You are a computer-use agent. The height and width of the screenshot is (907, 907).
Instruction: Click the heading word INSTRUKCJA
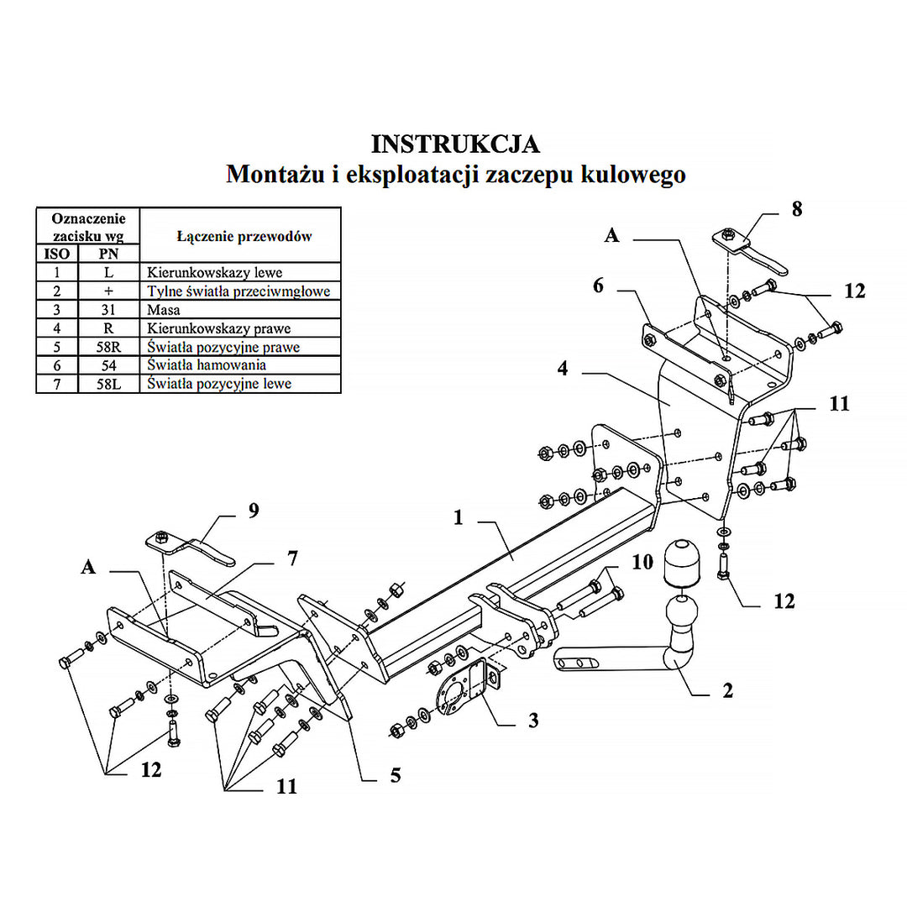455,144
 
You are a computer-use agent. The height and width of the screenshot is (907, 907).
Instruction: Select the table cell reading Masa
164,310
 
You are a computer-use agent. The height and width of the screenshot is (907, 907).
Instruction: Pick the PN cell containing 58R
109,347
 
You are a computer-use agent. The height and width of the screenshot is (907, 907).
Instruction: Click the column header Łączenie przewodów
244,236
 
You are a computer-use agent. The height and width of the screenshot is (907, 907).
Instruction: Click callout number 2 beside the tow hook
727,690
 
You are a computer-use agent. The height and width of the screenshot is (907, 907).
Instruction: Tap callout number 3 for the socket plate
533,720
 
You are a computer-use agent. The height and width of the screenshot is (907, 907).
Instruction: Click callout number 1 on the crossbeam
459,518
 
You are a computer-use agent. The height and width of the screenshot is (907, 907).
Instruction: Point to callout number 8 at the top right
796,209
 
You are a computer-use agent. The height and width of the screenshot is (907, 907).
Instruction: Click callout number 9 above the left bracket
254,511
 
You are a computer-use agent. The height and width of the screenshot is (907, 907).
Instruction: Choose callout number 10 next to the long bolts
642,562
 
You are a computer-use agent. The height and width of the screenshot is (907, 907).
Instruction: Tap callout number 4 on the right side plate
563,368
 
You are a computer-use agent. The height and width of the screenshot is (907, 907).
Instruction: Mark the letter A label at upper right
612,237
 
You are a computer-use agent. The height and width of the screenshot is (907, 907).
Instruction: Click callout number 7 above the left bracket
291,558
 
